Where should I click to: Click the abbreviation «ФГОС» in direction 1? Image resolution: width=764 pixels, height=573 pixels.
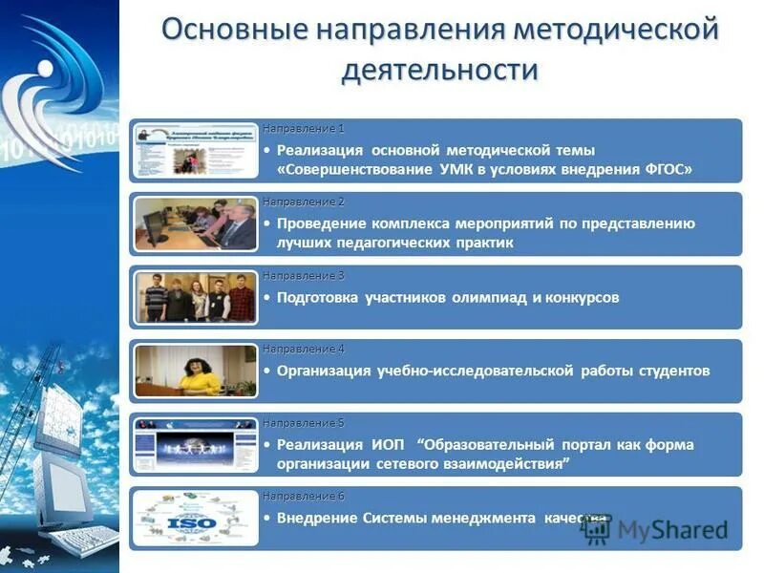click(666, 169)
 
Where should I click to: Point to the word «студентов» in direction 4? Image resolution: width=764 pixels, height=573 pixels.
click(677, 371)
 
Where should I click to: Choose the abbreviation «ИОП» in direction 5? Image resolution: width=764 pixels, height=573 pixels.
click(385, 445)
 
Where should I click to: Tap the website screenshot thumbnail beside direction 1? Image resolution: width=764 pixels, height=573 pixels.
click(196, 150)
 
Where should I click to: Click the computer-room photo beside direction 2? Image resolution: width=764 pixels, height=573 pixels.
click(196, 223)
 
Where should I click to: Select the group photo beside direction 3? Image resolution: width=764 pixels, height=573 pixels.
click(196, 297)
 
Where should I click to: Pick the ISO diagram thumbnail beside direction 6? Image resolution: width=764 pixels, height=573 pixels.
click(196, 519)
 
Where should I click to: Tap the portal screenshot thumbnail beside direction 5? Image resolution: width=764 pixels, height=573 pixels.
click(196, 445)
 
